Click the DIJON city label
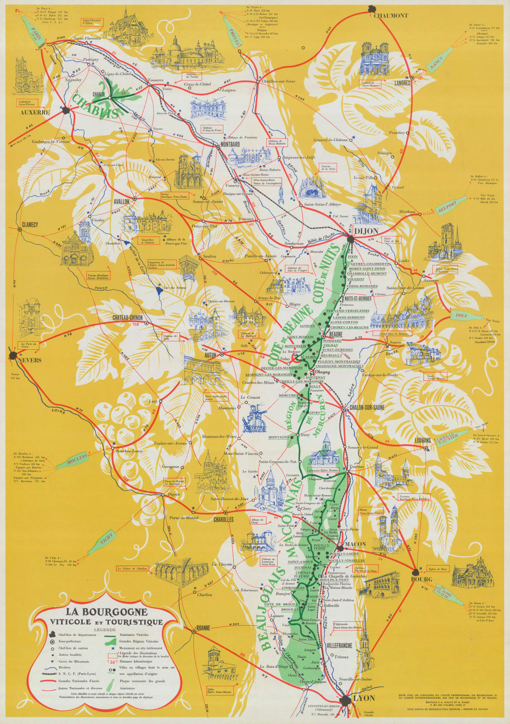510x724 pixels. [x=366, y=231]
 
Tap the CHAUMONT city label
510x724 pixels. [x=391, y=15]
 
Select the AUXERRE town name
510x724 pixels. [x=35, y=112]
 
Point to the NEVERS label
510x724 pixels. [x=30, y=360]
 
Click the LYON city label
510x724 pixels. [x=364, y=698]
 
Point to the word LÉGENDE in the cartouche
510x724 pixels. [x=105, y=629]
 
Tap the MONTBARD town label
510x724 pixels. [x=230, y=144]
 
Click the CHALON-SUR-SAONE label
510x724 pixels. [x=367, y=407]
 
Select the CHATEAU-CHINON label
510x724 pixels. [x=127, y=318]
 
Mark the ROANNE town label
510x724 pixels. [x=203, y=628]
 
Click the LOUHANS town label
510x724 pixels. [x=423, y=440]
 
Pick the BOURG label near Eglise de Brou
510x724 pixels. [x=421, y=579]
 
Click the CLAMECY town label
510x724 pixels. [x=30, y=224]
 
